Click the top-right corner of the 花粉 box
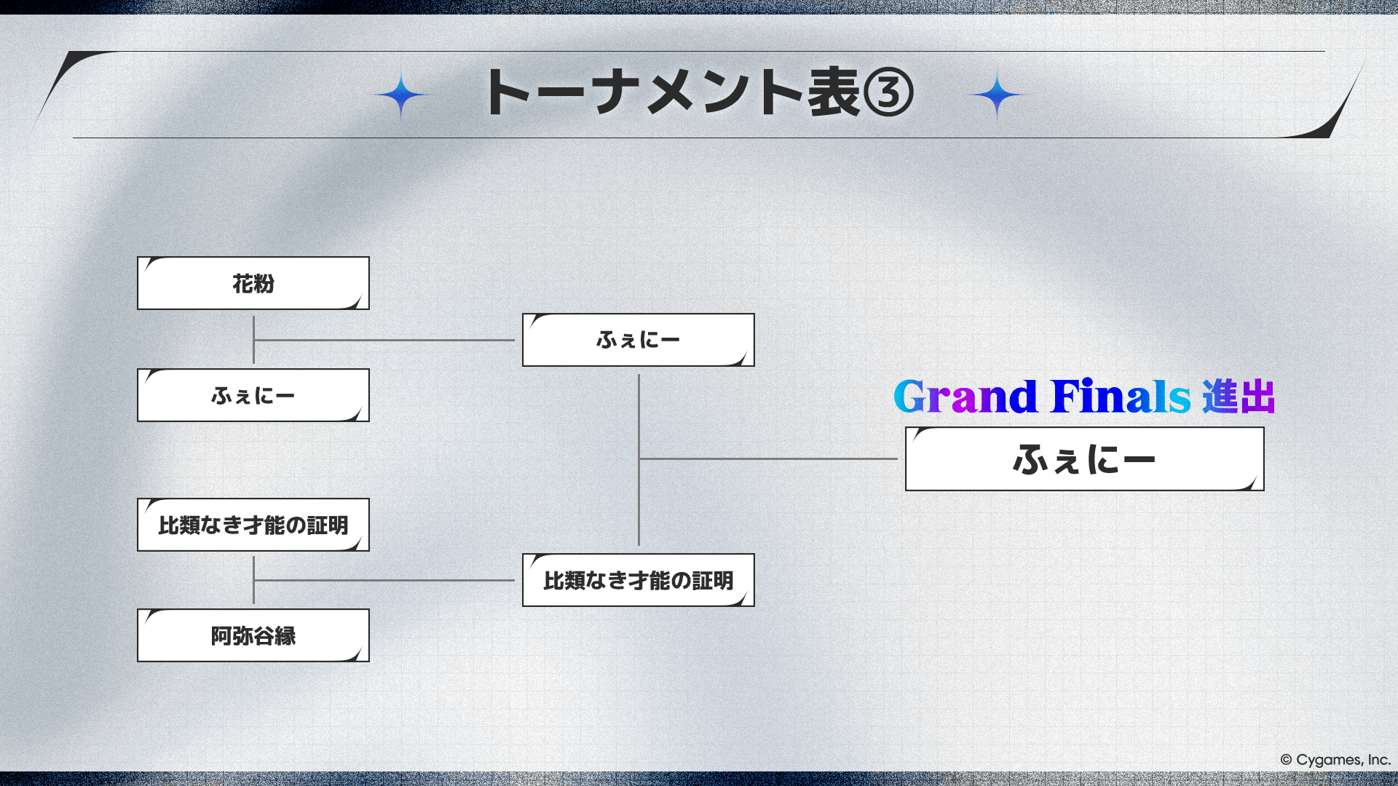coord(369,257)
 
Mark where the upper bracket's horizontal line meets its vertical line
coord(253,340)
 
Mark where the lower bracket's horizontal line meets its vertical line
coord(253,580)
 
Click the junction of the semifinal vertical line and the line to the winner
coord(639,458)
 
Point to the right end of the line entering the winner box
coord(897,458)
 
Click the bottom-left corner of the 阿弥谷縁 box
coord(138,662)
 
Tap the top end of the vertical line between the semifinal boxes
coord(639,375)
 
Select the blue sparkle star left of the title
coord(400,95)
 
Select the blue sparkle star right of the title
coord(997,95)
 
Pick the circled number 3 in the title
coord(888,93)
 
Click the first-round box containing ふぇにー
coord(253,395)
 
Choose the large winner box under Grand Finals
coord(1085,458)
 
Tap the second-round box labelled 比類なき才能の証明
coord(639,580)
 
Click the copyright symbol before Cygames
coord(1286,760)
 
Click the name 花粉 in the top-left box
coord(253,284)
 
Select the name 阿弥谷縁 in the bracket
coord(253,636)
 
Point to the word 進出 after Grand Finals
coord(1239,397)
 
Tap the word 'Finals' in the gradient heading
coord(1121,397)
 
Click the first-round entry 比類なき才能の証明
coord(253,525)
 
